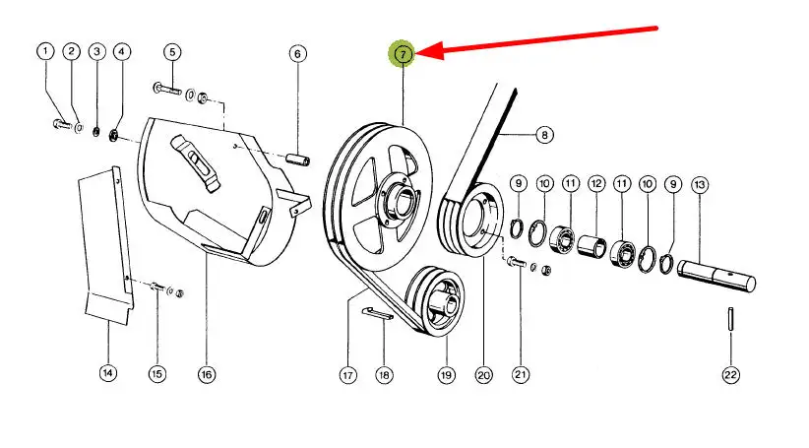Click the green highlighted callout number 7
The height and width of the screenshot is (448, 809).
coord(404,53)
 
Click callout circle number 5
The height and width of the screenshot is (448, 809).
coord(171,51)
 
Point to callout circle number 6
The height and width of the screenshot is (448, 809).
coord(297,53)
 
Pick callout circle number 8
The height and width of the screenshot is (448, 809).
coord(542,134)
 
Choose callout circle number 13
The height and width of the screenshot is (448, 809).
coord(700,184)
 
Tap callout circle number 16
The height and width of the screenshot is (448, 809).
coord(206,374)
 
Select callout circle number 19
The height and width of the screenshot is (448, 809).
coord(446,374)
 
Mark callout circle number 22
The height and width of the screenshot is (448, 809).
coord(730,374)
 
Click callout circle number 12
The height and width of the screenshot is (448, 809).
coord(596,184)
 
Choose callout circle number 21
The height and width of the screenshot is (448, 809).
coord(521,374)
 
